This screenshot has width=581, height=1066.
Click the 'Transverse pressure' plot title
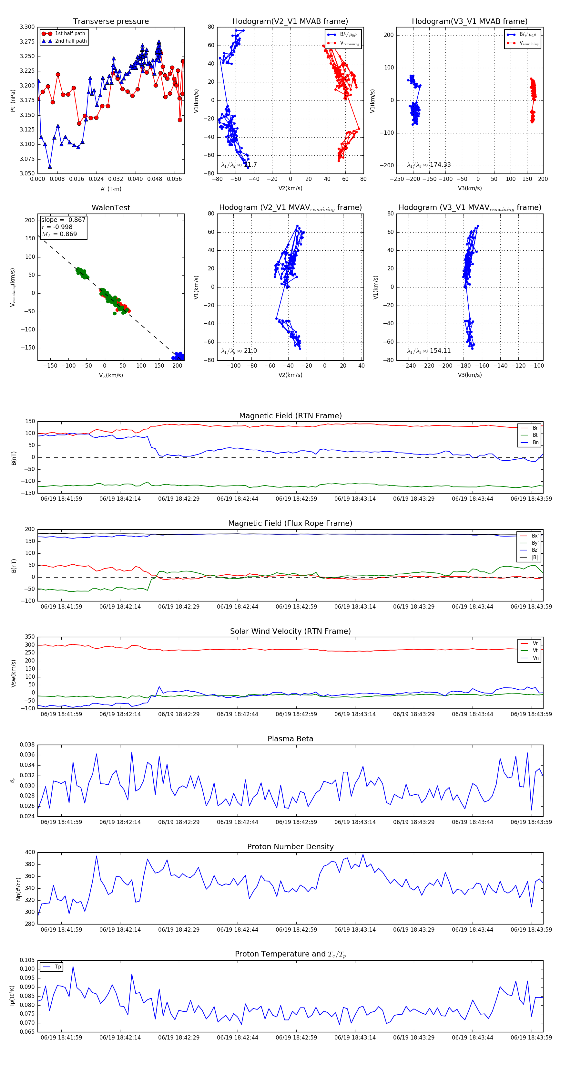point(111,22)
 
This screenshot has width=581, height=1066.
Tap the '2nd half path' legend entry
point(71,41)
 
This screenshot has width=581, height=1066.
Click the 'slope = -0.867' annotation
point(63,220)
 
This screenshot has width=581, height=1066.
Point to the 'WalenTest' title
point(111,208)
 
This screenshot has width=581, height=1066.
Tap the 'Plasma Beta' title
point(290,739)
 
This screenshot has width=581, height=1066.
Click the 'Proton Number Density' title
point(290,847)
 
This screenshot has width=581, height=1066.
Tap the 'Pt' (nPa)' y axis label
point(13,100)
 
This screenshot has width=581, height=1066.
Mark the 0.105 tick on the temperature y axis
point(27,960)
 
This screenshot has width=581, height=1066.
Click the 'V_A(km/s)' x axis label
point(111,375)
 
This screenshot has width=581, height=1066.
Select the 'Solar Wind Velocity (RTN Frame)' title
point(290,631)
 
